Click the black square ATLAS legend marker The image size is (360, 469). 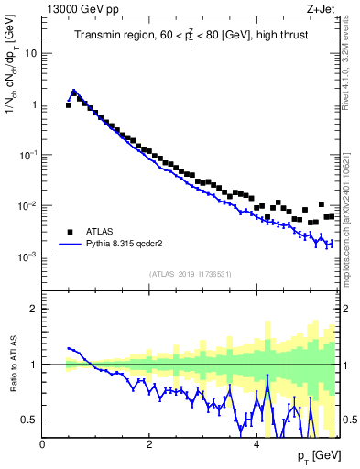coord(69,232)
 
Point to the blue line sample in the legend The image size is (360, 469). coord(69,245)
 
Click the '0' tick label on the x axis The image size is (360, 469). coord(43,444)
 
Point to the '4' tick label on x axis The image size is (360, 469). coord(256,444)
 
